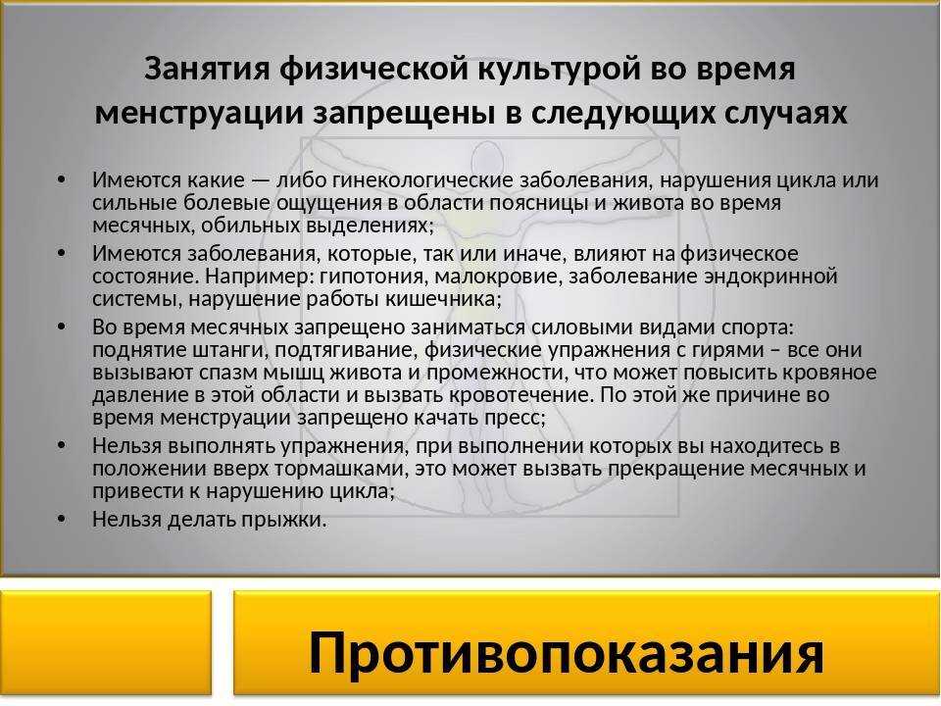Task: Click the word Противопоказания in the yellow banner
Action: coord(566,654)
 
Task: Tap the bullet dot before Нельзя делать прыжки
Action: coord(61,519)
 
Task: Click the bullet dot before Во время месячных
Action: coord(61,327)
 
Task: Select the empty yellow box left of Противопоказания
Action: coord(106,642)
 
